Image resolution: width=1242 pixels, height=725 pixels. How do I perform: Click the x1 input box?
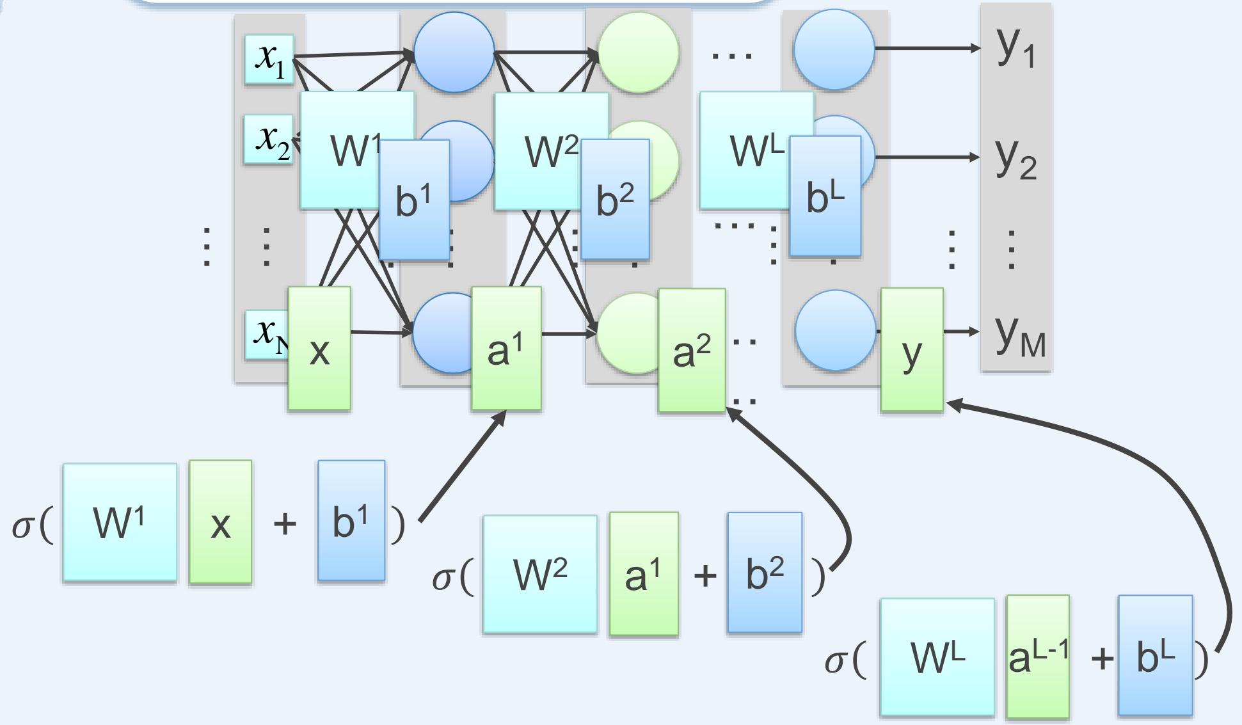[269, 59]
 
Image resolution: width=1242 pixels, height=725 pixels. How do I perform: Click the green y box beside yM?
[911, 349]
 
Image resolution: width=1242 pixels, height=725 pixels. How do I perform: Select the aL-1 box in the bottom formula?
[1037, 657]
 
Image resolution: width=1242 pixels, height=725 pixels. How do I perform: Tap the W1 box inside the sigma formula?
[120, 522]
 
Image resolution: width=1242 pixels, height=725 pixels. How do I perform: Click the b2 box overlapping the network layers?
[615, 200]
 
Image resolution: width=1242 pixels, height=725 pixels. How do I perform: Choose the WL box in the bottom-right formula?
[937, 657]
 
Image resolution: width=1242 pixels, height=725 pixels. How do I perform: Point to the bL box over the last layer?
[825, 196]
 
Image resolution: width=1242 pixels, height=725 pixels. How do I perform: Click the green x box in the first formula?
[220, 522]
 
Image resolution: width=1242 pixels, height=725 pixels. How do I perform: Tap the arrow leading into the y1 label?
[928, 48]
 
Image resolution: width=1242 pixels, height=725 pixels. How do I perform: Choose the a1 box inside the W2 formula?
[644, 574]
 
